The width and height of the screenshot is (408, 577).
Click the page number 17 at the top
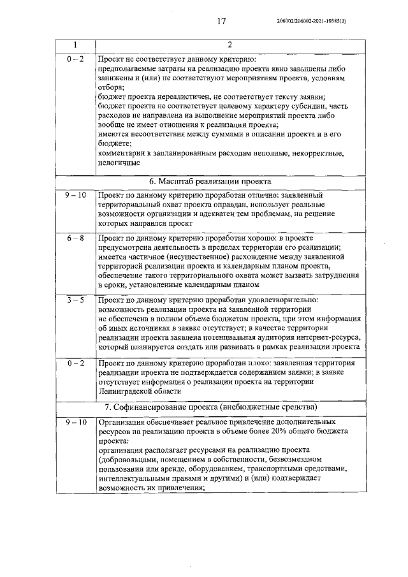(x=221, y=22)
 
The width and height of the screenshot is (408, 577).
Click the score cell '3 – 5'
(x=75, y=300)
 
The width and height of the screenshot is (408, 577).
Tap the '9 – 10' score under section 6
(x=75, y=194)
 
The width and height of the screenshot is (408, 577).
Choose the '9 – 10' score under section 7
(x=75, y=422)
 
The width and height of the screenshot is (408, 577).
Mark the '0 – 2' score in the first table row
(x=75, y=58)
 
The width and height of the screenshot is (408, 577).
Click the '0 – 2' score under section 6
(x=75, y=362)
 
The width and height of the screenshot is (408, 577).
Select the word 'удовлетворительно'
(x=281, y=300)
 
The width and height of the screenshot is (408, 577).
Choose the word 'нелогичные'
(x=119, y=163)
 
